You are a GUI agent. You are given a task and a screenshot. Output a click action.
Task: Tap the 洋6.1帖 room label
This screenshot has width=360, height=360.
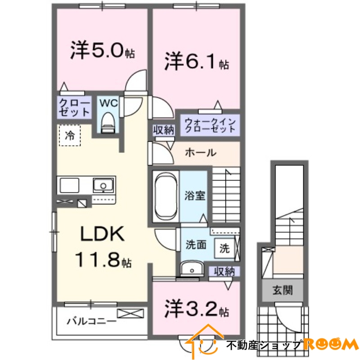pos(196,63)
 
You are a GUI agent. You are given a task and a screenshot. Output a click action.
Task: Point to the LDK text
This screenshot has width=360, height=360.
pos(102,234)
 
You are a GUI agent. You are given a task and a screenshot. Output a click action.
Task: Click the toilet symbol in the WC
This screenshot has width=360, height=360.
pos(108,122)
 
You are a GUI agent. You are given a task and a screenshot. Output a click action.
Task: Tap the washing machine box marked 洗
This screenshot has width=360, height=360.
pos(224,247)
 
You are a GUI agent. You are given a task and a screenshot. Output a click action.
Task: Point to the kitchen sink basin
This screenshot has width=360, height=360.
pos(103,184)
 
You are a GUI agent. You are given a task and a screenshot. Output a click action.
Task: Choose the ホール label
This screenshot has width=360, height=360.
pos(200,153)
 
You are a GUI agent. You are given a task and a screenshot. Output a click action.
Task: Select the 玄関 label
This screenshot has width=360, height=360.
pos(283,290)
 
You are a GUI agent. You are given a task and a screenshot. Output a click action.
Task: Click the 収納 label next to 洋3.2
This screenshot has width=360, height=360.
pos(223,271)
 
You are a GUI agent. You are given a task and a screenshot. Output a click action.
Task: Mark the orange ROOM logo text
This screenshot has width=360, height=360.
pos(331,345)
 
